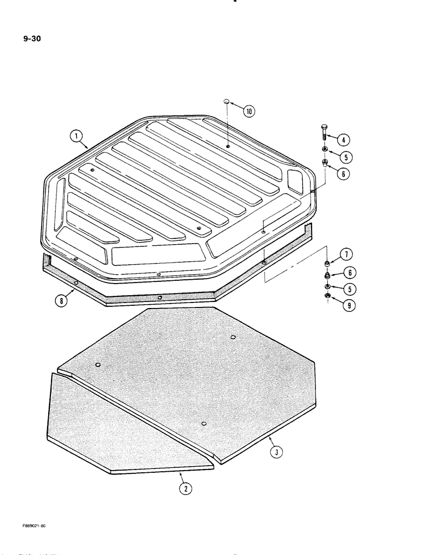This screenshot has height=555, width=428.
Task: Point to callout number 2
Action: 185,488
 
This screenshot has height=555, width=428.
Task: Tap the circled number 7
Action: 345,255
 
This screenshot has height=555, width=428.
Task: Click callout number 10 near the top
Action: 249,112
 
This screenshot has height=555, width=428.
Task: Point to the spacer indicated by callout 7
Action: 328,263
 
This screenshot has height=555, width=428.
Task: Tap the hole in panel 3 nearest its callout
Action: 205,424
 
